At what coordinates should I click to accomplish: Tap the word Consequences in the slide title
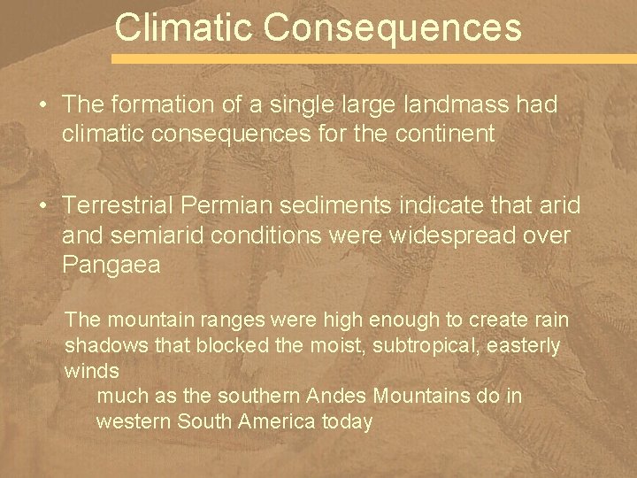coord(393,27)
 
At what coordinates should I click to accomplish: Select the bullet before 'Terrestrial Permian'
coord(43,206)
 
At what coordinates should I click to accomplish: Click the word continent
coord(447,134)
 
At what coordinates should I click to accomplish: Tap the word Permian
coord(223,206)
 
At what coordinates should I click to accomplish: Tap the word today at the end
coord(347,421)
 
